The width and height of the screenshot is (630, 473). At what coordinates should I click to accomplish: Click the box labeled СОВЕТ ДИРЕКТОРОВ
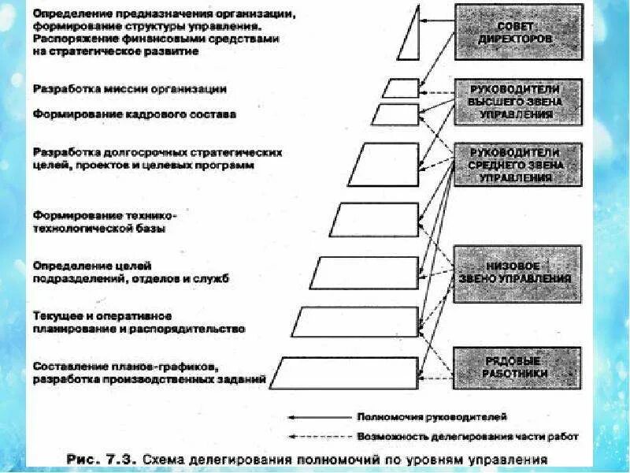518,32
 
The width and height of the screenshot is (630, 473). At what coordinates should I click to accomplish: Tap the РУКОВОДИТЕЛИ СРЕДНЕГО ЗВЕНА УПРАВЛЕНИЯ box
518,164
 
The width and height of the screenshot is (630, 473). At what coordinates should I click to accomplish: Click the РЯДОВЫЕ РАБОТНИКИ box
518,366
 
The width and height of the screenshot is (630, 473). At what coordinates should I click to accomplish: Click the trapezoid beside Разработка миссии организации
401,88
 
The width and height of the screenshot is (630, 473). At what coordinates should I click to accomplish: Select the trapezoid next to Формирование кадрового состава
395,114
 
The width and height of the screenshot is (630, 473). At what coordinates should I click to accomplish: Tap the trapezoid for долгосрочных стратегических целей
384,165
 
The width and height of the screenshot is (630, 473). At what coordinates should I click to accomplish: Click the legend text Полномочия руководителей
432,415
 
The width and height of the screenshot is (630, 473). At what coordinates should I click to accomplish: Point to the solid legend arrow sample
318,415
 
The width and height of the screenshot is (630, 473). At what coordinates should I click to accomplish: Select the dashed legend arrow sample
318,435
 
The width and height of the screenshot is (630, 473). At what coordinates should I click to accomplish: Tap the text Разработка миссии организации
130,89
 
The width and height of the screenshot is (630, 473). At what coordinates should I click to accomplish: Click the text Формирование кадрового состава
134,114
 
